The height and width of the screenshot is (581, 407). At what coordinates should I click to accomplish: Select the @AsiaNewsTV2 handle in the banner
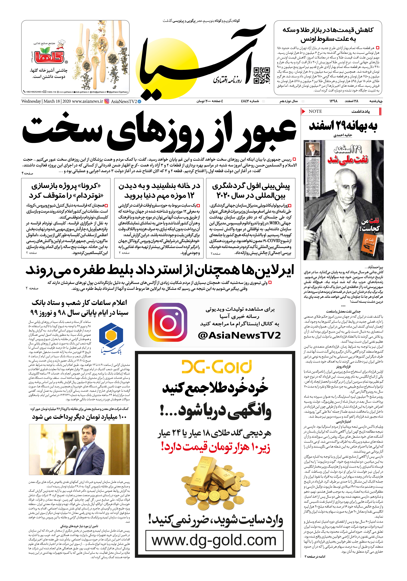point(239,335)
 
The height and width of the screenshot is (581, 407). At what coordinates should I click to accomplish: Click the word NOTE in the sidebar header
point(315,111)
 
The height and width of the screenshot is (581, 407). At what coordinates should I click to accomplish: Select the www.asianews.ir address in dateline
point(87,101)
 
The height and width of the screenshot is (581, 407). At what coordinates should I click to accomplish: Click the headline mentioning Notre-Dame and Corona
point(66,191)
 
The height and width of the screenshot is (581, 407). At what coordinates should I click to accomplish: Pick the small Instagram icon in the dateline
point(107,101)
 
